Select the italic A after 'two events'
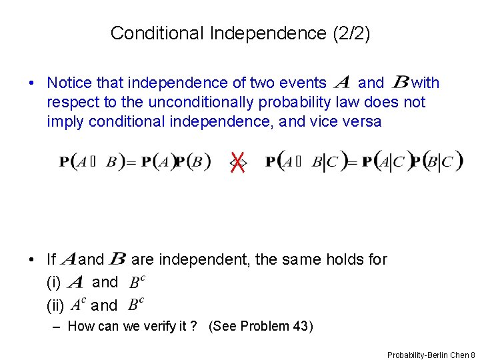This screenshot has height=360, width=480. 341,83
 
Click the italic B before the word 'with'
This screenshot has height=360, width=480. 401,83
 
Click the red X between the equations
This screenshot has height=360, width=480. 237,161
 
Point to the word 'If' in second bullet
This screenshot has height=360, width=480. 51,259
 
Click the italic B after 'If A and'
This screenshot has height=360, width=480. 117,259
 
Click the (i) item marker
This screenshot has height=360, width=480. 53,282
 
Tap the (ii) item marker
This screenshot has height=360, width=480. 55,305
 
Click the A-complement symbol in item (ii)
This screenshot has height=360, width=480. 77,304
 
